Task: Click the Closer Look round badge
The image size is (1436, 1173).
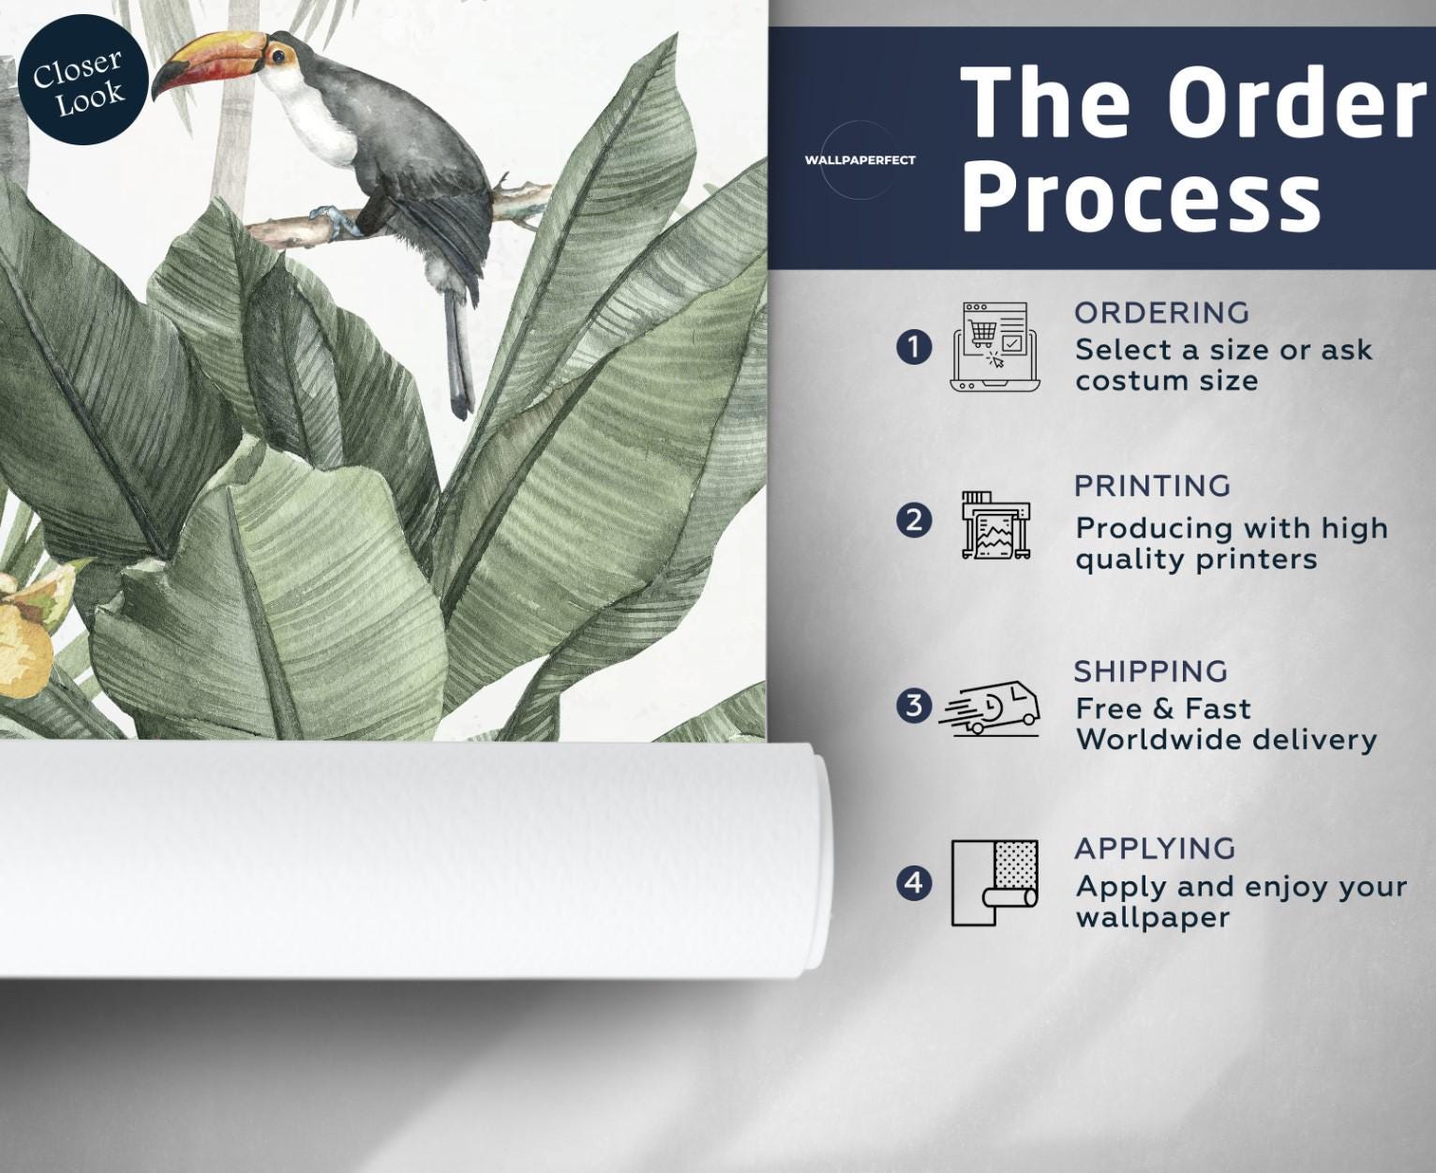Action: pyautogui.click(x=82, y=80)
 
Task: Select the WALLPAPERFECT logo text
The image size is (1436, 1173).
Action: pyautogui.click(x=860, y=160)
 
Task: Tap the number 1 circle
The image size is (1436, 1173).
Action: pyautogui.click(x=914, y=348)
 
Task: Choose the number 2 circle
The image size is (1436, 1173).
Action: pyautogui.click(x=914, y=521)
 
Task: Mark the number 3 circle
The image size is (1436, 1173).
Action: pyautogui.click(x=914, y=706)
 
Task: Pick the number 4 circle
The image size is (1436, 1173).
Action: pyautogui.click(x=914, y=883)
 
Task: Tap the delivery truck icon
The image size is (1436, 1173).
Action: pyautogui.click(x=989, y=709)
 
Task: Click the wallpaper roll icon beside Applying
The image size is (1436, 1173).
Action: pyautogui.click(x=995, y=883)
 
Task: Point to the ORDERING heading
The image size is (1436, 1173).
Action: pyautogui.click(x=1161, y=313)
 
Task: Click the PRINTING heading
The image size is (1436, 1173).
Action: pyautogui.click(x=1153, y=487)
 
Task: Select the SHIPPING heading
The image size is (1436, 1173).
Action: pyautogui.click(x=1151, y=671)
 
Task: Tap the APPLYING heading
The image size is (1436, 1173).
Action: pyautogui.click(x=1155, y=849)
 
